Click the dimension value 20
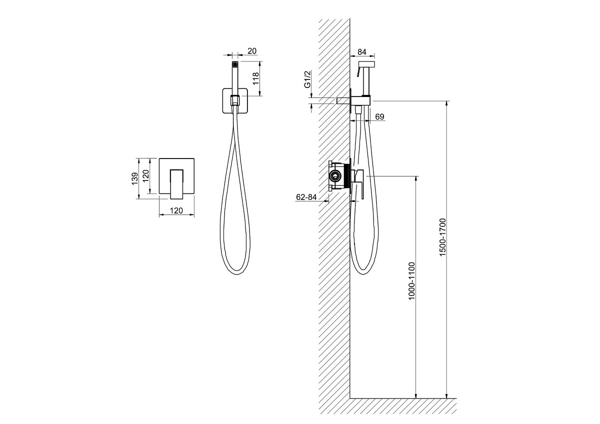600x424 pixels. (x=252, y=51)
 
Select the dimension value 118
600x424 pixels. (x=256, y=78)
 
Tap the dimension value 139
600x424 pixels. (x=134, y=178)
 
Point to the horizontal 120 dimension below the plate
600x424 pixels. (x=176, y=211)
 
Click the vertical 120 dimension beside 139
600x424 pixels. (x=145, y=175)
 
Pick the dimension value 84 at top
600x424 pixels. (x=362, y=52)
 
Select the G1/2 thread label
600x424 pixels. (x=307, y=79)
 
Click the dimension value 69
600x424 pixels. (x=379, y=117)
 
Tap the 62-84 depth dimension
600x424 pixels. (x=306, y=197)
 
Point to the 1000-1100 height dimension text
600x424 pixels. (x=411, y=281)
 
